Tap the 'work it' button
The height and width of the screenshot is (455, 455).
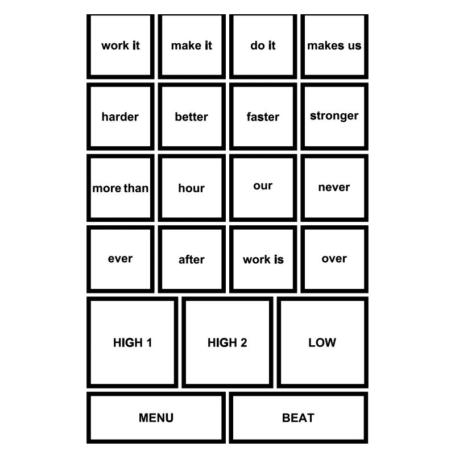coord(121,46)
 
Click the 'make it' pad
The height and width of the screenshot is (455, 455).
coord(192,46)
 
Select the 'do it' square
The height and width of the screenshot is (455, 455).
coord(263,46)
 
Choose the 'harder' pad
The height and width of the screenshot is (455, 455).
coord(121,117)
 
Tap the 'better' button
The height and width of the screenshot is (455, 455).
coord(192,117)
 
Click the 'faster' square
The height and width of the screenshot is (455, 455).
coord(263,117)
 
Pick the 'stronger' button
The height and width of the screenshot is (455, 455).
coord(334,117)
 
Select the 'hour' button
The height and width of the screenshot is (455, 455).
coord(192,188)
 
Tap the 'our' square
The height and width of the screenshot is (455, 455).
coord(263,188)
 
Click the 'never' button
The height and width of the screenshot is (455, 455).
coord(334,188)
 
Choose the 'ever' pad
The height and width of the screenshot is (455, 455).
coord(121,259)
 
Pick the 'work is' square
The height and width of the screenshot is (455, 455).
coord(263,259)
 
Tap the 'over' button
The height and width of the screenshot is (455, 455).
coord(334,259)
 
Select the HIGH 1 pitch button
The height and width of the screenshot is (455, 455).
coord(133,342)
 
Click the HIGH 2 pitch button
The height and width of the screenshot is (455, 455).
coord(227,342)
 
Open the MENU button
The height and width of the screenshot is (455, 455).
coord(156,417)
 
